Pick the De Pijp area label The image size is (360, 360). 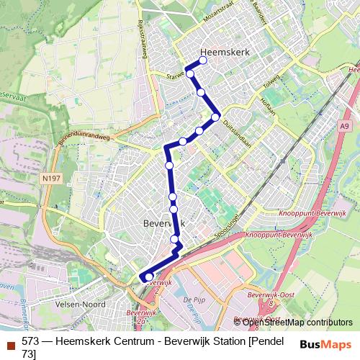(192, 298)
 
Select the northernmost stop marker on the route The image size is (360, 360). (203, 60)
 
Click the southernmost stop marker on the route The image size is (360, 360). (149, 276)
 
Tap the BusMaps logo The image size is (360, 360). (326, 344)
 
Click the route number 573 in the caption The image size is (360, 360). (31, 341)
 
